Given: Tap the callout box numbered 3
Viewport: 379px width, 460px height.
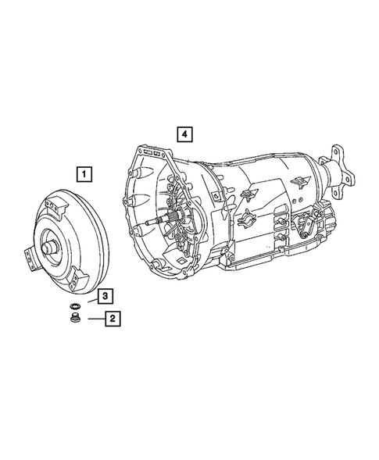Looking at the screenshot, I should point(103,295).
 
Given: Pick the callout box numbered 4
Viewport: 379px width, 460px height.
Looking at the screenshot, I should point(184,134).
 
